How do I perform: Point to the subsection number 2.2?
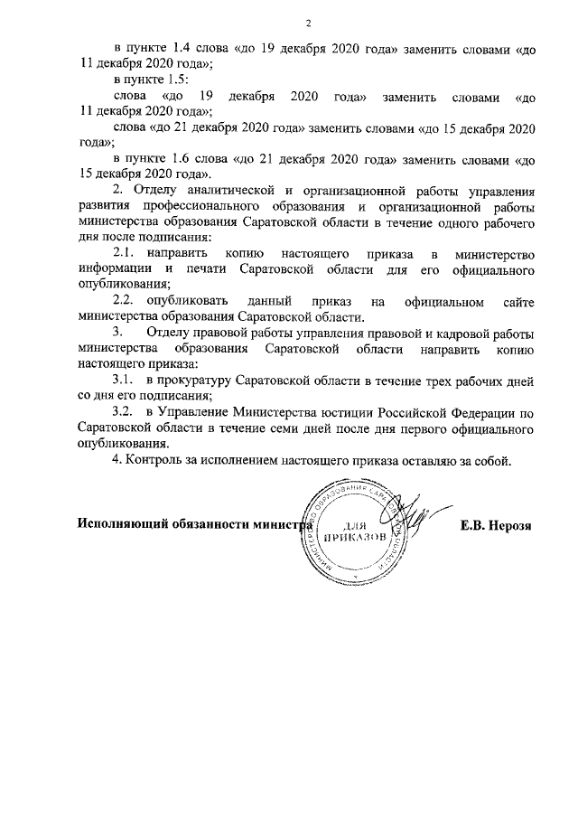(x=123, y=299)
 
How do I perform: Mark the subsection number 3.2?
(x=123, y=411)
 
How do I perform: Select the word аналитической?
(x=232, y=189)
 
